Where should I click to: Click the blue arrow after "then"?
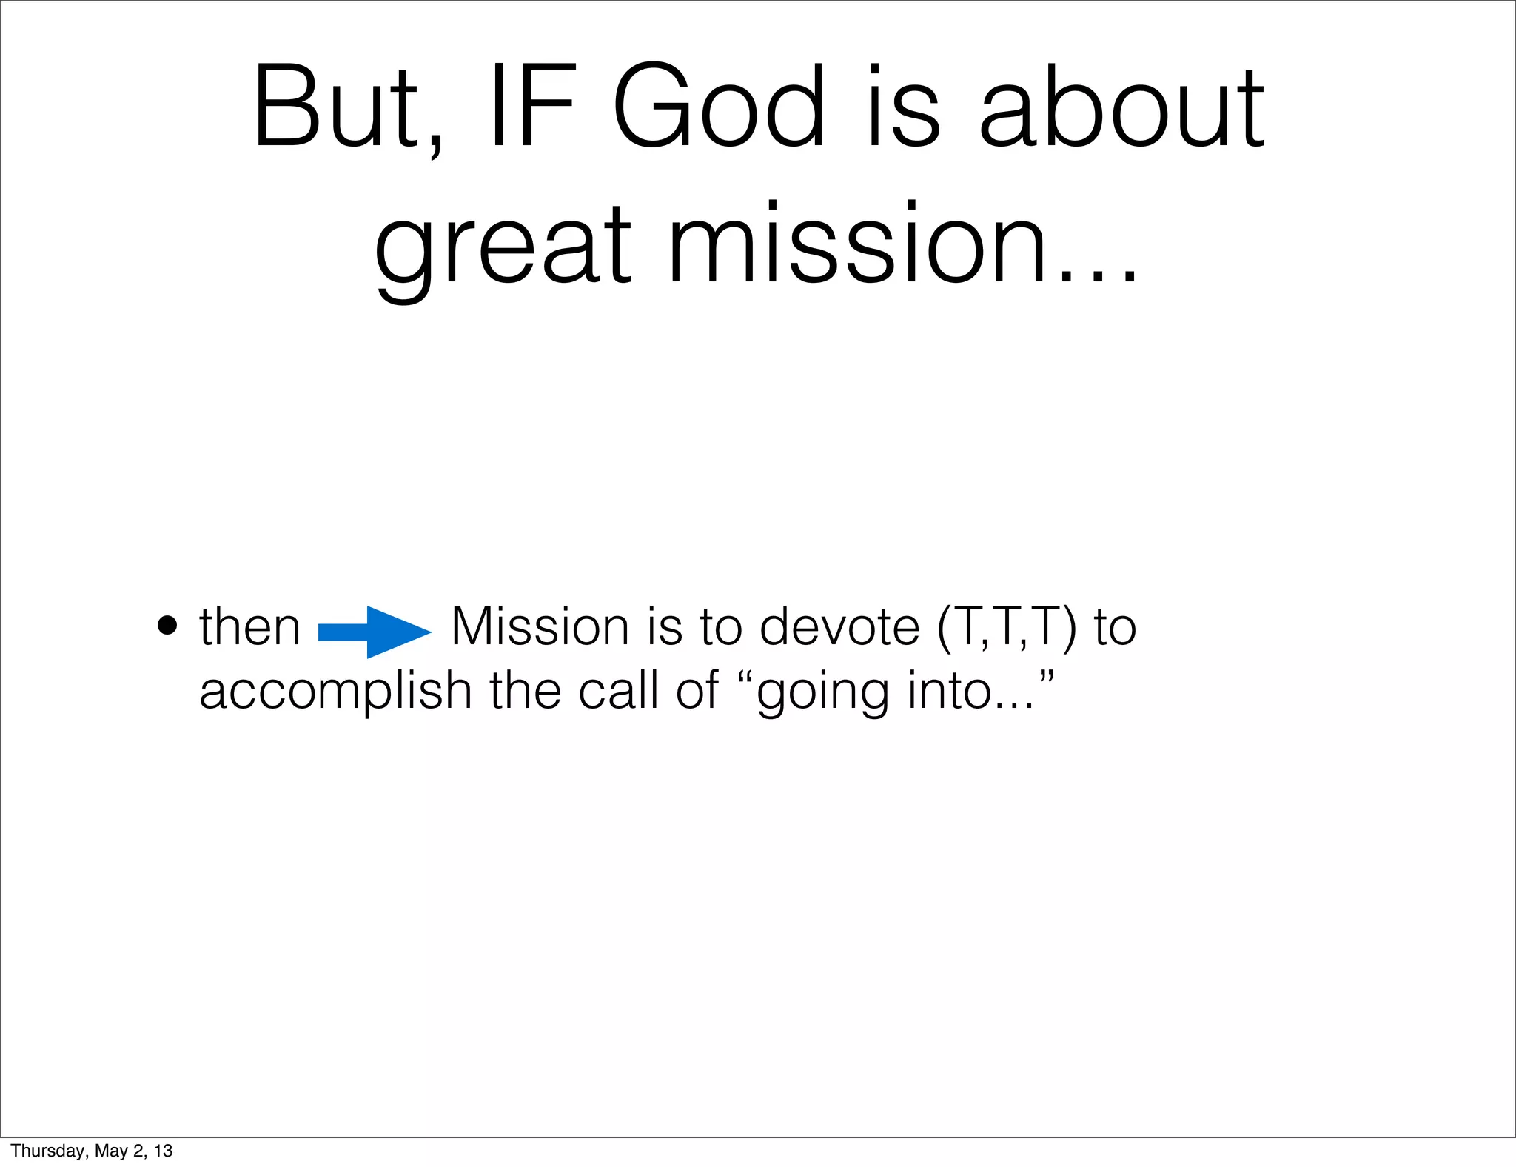click(x=375, y=632)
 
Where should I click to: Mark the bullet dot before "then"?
click(x=168, y=626)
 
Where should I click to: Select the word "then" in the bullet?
click(x=249, y=627)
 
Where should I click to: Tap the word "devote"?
click(x=839, y=626)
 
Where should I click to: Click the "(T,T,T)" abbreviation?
click(x=1007, y=628)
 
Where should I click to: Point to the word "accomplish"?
click(x=335, y=692)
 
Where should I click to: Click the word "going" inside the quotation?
click(x=822, y=692)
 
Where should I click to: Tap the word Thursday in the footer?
click(x=45, y=1151)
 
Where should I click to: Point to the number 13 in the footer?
click(x=163, y=1151)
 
